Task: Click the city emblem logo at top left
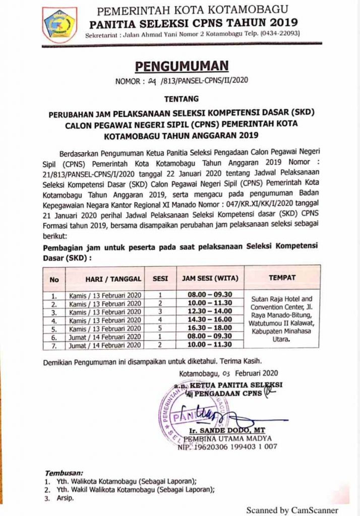tap(60, 25)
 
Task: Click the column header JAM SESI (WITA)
tap(210, 278)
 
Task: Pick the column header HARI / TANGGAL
tap(105, 278)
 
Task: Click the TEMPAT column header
tap(282, 277)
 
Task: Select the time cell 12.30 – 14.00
tap(210, 311)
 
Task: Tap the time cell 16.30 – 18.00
tap(210, 328)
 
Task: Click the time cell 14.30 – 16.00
tap(210, 319)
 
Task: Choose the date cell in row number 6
tap(105, 336)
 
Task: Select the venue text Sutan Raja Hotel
tap(282, 299)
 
